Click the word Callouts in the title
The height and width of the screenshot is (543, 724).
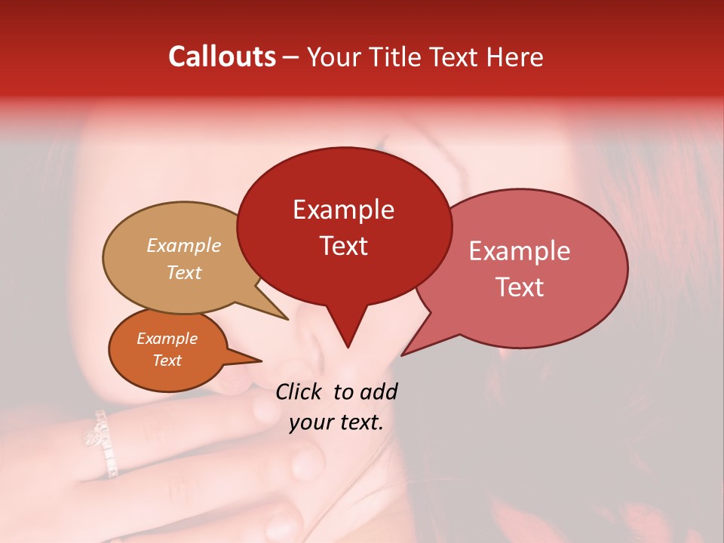222,57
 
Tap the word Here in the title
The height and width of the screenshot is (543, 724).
515,57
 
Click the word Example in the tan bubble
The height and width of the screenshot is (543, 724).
184,246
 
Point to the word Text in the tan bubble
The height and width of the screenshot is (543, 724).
184,272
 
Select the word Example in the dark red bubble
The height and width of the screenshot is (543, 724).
343,210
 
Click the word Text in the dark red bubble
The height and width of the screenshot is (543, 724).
343,246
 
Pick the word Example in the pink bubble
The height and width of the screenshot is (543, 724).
520,251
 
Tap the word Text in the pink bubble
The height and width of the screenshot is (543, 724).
520,287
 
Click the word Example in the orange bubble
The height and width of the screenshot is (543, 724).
167,339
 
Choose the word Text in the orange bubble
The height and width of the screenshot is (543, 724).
167,360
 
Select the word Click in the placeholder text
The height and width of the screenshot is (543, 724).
299,391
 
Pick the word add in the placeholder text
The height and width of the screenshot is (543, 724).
379,391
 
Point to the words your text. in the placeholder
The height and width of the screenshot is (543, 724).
336,423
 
